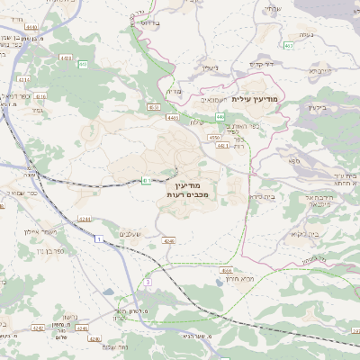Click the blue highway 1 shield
(x=96, y=238)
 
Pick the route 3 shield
(x=146, y=283)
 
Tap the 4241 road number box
(x=85, y=218)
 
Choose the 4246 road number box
(x=168, y=241)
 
